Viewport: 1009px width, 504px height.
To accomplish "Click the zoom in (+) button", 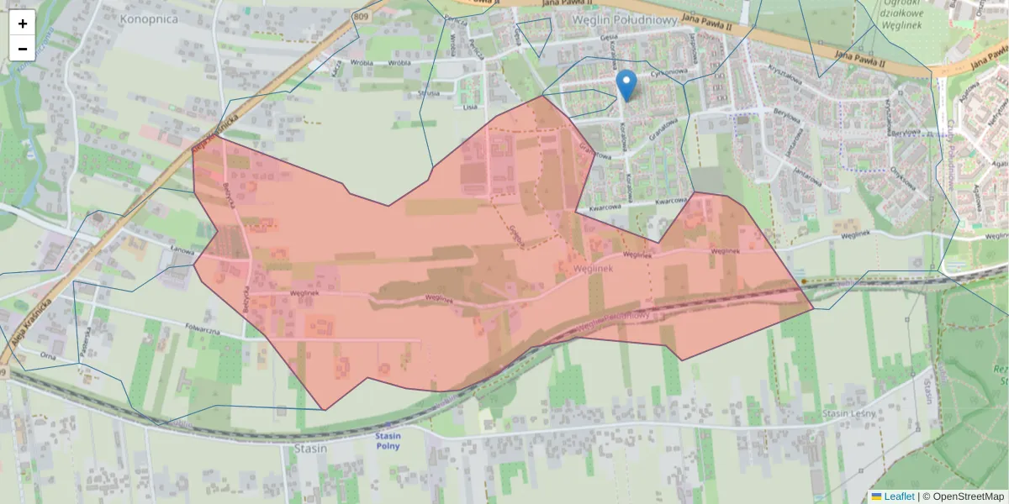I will tap(23, 24).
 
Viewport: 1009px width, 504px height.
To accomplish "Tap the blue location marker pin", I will tap(626, 85).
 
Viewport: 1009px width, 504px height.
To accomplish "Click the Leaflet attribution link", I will tap(898, 496).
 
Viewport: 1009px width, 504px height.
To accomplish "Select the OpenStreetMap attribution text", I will tap(968, 496).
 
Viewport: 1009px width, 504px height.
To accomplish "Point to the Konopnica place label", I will tap(149, 18).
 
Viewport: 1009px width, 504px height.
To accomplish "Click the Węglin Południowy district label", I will tap(624, 19).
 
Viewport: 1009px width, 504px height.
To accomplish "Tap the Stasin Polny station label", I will tap(388, 441).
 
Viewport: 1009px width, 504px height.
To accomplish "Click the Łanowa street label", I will tap(182, 249).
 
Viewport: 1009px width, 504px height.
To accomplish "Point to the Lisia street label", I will tap(470, 108).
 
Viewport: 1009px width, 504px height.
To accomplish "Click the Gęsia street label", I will tap(610, 38).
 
